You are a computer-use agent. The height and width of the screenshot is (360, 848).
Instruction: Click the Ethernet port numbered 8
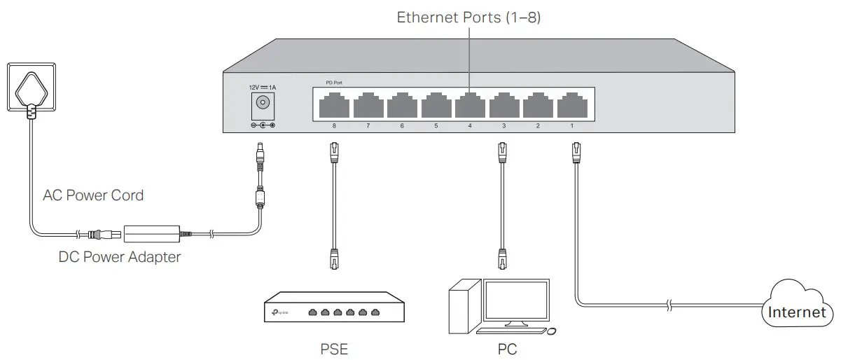(333, 106)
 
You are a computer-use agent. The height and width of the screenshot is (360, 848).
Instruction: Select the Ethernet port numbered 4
(469, 106)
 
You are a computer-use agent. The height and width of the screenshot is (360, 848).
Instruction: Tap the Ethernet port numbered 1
(571, 106)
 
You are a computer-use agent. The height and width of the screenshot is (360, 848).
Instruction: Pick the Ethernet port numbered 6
(401, 106)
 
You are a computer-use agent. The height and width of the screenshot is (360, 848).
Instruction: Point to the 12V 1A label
(263, 87)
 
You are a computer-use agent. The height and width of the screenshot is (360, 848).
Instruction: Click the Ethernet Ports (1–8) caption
(468, 18)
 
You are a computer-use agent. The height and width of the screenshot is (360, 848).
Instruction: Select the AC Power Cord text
(93, 195)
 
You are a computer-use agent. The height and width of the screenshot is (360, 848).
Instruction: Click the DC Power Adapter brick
(151, 232)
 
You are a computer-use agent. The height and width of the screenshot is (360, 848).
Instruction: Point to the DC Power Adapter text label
(120, 257)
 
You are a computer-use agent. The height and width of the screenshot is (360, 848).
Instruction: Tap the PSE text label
(333, 349)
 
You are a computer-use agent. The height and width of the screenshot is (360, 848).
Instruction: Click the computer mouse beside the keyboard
(551, 330)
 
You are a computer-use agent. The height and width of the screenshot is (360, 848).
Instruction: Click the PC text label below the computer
(506, 349)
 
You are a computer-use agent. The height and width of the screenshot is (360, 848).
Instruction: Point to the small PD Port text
(334, 83)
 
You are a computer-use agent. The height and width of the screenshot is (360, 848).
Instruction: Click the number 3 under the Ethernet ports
(503, 126)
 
